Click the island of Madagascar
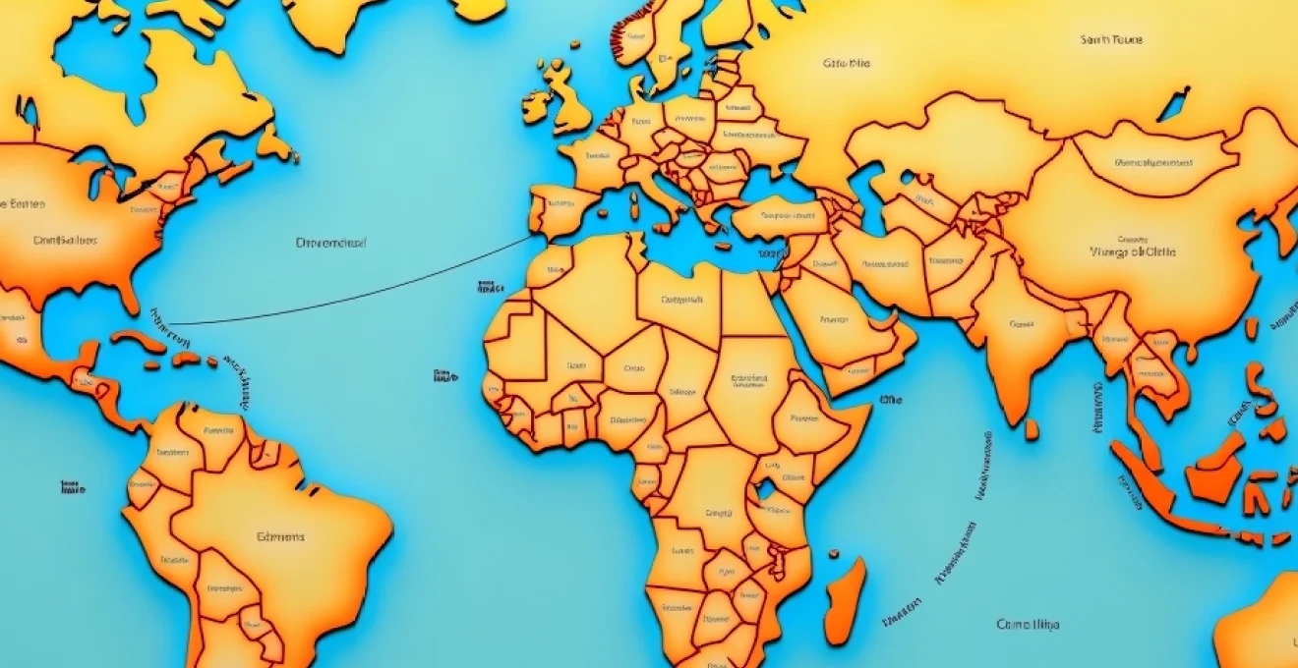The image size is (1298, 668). point(845,600)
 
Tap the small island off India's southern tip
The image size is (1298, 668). point(1031,429)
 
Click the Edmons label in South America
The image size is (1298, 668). point(280,537)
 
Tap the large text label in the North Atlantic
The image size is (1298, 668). point(330,241)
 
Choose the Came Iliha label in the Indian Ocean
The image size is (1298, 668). point(1029,624)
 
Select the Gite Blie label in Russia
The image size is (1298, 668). point(846,64)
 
